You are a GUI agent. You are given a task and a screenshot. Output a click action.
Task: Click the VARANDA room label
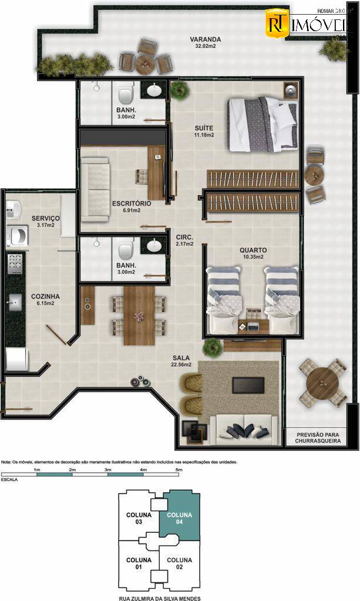tap(201, 40)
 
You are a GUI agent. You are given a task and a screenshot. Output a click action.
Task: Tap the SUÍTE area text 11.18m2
tap(204, 135)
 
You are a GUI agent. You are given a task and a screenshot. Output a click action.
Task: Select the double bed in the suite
tap(263, 124)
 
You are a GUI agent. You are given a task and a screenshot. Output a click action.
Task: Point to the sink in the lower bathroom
tap(154, 245)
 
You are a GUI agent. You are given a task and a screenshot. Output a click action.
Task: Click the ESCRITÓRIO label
tap(132, 204)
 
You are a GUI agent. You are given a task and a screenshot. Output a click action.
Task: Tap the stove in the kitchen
tap(14, 264)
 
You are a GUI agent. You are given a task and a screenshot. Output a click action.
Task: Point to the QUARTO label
tap(253, 249)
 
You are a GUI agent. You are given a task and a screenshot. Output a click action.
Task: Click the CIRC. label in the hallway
tap(184, 237)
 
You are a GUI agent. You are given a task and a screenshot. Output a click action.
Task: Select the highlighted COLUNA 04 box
tap(179, 519)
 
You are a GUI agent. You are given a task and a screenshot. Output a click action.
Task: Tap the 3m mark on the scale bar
tap(108, 471)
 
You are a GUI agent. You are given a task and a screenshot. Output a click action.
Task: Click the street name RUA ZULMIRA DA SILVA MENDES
tap(159, 598)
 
